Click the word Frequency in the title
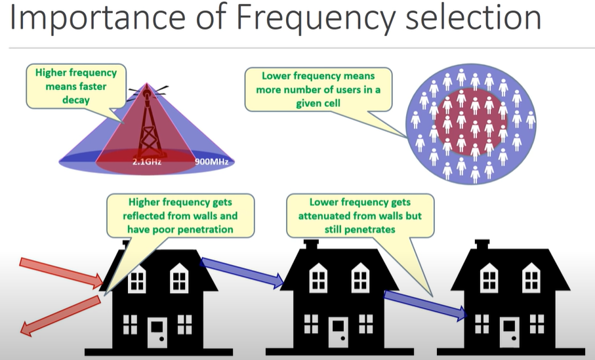(316, 18)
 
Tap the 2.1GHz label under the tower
(147, 162)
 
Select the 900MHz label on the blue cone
(212, 162)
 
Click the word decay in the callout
(76, 100)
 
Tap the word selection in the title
(473, 17)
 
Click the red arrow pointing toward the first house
(61, 272)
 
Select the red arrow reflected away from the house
(60, 315)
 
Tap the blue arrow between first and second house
(242, 272)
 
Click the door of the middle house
(338, 332)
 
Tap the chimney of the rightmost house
(482, 245)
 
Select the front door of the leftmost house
(157, 332)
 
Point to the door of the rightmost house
(510, 332)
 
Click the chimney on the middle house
(311, 245)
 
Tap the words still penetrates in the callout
(359, 230)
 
